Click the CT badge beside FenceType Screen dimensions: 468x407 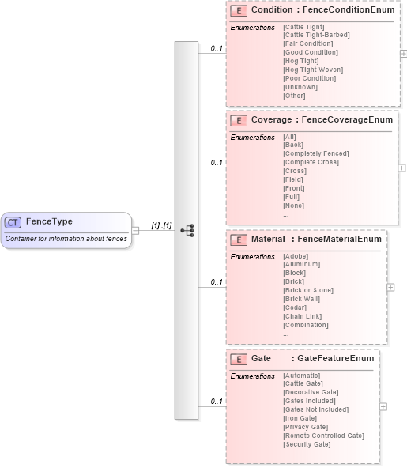[13, 222]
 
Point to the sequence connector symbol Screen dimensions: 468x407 [187, 231]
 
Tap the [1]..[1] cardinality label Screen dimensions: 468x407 [161, 225]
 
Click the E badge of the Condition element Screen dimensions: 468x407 [237, 11]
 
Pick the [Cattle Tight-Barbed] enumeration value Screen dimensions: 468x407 [315, 35]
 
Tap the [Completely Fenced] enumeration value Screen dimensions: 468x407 [315, 153]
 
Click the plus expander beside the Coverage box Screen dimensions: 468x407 [401, 168]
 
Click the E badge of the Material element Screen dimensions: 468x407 [237, 239]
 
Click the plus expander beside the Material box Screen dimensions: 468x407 [390, 288]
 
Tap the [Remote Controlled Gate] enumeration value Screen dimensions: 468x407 [323, 436]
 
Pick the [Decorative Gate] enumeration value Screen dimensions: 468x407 [311, 392]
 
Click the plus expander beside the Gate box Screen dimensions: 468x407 [383, 406]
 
